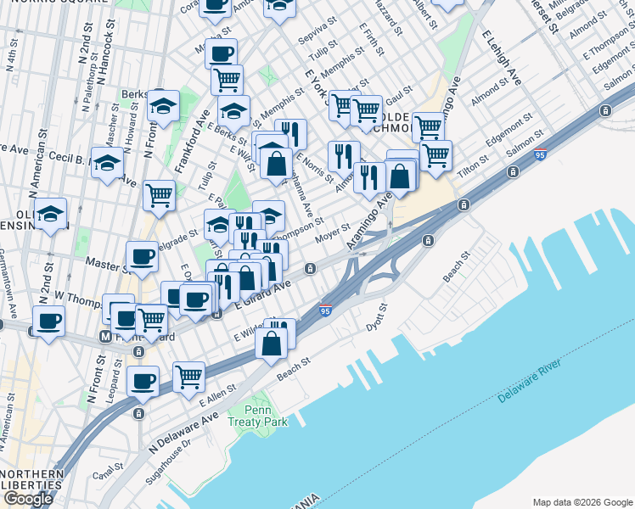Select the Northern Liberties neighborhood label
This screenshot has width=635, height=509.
pos(32,479)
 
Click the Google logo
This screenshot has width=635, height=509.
pos(29,499)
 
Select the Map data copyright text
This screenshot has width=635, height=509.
pos(582,501)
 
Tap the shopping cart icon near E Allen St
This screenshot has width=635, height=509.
pos(188,375)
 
